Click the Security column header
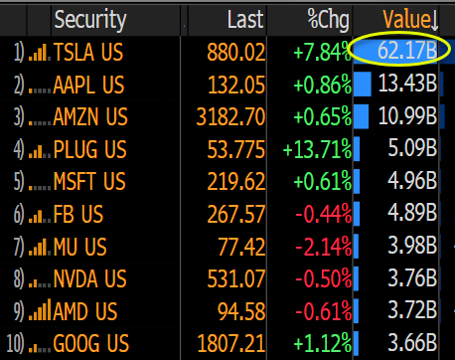point(90,20)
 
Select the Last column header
point(245,19)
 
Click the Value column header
point(410,19)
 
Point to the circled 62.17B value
point(407,51)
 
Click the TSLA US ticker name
point(88,53)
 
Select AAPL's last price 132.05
point(236,85)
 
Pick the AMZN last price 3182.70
point(230,117)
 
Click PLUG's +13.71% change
point(317,149)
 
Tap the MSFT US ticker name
point(89,181)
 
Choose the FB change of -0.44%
point(323,214)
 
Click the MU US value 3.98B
point(412,246)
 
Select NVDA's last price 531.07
point(236,278)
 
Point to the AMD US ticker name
point(85,311)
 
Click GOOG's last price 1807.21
point(231,343)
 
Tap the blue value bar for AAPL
point(363,85)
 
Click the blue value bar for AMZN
point(361,116)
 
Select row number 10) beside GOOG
point(15,344)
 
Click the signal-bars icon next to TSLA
point(39,53)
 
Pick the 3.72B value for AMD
point(412,310)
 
